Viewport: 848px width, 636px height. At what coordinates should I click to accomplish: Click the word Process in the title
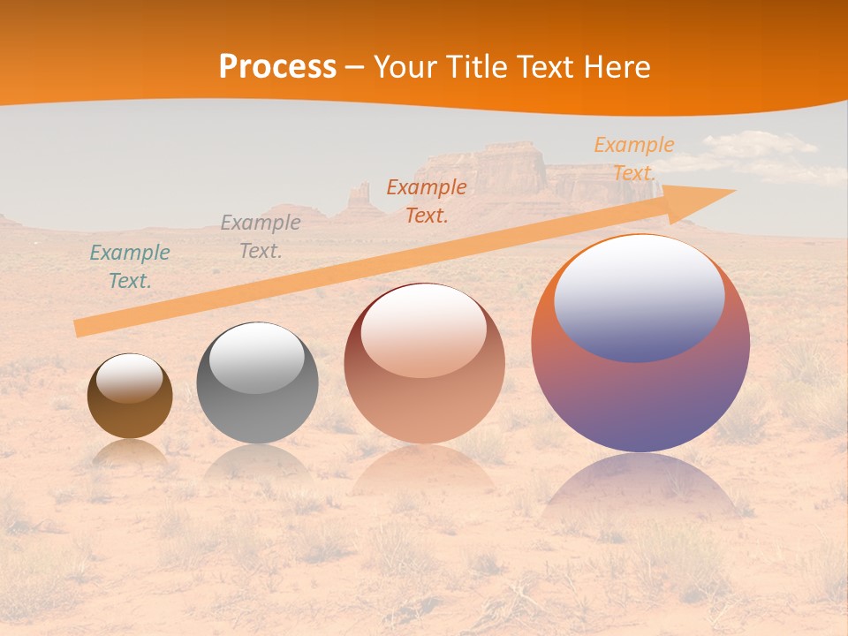coord(277,67)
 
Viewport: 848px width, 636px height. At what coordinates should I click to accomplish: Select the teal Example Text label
coord(130,267)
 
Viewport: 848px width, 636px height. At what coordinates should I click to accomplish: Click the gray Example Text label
coord(261,237)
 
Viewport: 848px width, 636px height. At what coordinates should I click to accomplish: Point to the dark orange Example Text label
coord(427,201)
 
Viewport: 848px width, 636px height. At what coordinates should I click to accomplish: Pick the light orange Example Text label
coord(634,159)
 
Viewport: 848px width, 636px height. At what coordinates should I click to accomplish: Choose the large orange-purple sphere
coord(640,397)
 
